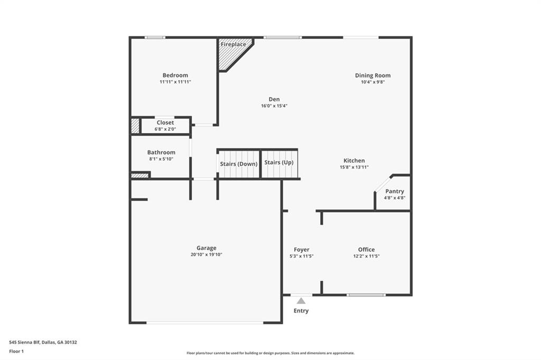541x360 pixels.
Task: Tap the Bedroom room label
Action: click(x=175, y=75)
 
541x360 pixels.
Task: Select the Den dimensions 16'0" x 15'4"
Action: click(x=274, y=106)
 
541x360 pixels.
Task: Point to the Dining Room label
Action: click(x=372, y=75)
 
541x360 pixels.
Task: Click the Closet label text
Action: click(x=165, y=122)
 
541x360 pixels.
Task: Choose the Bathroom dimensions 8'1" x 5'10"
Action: click(x=161, y=159)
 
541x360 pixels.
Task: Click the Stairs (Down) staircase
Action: click(x=238, y=164)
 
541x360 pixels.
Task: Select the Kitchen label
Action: click(x=354, y=160)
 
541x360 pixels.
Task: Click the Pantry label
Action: click(x=394, y=191)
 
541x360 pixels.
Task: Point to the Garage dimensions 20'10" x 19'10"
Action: click(x=206, y=254)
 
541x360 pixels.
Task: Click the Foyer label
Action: click(x=301, y=250)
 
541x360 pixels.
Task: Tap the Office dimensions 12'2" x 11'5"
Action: click(x=366, y=256)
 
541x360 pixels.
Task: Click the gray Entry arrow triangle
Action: click(x=301, y=300)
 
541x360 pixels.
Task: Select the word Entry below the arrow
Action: click(x=301, y=311)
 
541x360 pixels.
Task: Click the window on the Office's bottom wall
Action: click(x=366, y=295)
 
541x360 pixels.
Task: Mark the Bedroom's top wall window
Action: click(x=155, y=37)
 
